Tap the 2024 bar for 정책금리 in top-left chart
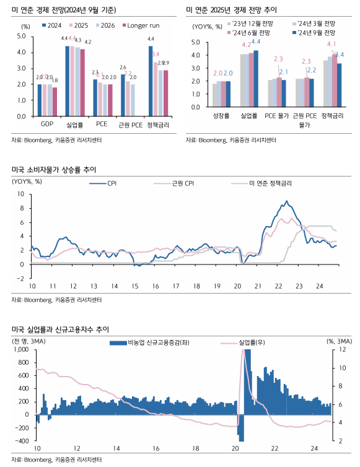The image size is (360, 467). tap(150, 81)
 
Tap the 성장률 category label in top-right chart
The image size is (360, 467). tap(221, 116)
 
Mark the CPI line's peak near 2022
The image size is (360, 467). tap(286, 201)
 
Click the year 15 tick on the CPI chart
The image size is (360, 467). tap(134, 286)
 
